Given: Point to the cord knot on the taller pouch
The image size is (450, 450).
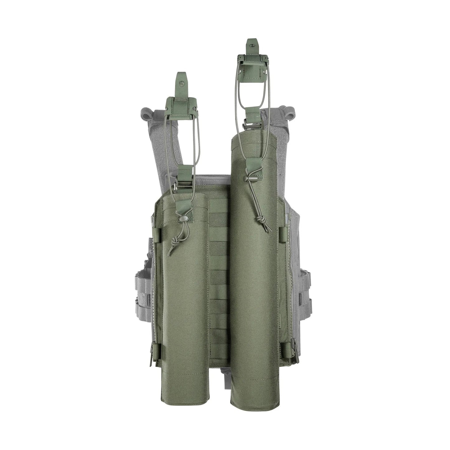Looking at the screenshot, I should (x=259, y=220).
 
